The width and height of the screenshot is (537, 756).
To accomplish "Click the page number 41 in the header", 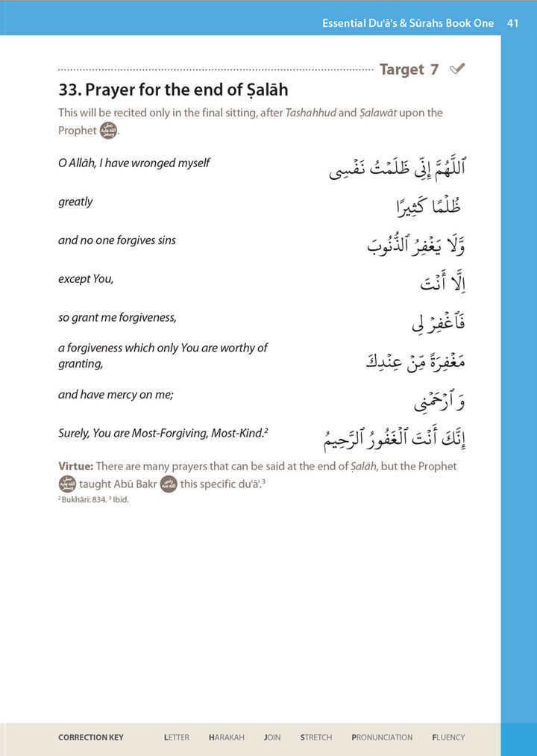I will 512,23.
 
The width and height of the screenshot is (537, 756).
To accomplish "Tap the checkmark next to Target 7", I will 457,69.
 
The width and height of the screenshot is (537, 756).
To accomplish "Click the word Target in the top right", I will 401,69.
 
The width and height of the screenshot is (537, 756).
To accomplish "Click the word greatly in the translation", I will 75,202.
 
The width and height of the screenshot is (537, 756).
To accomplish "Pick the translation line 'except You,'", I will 86,279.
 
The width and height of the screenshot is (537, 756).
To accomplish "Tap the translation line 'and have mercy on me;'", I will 116,395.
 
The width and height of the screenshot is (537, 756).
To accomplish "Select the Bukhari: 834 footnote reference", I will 84,499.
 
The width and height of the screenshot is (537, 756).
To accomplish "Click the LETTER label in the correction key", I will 177,737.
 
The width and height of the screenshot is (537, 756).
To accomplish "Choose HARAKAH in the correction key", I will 227,737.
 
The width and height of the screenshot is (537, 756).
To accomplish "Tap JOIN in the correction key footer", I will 272,737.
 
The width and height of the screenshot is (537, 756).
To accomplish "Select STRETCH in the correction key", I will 316,737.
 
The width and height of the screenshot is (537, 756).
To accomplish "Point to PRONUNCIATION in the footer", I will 382,737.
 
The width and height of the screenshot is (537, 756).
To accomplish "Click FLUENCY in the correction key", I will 448,737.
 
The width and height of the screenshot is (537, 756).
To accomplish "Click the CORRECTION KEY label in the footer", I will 91,737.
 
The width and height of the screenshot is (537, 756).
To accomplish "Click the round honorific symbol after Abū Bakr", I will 169,484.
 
